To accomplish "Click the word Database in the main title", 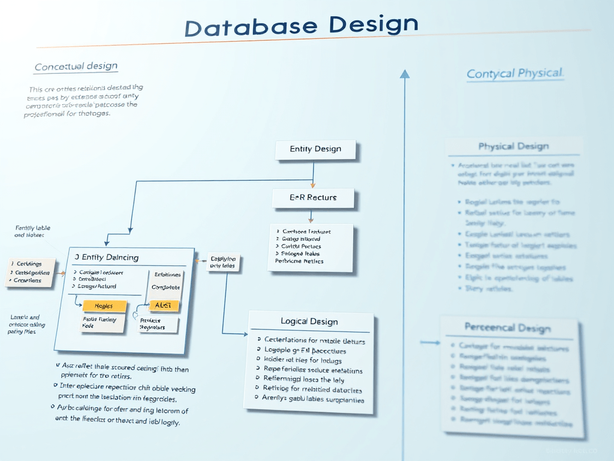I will point(251,28).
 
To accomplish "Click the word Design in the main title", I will point(373,24).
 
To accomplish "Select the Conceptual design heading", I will point(76,67).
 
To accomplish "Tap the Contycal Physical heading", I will point(515,74).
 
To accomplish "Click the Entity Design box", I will point(315,149).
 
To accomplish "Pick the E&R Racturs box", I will point(313,197).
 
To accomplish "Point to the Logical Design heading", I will point(309,322).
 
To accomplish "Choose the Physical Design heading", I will point(513,146).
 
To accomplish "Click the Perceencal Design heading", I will point(507,328).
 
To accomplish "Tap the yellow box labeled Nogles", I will point(105,306).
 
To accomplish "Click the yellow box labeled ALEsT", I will point(163,306).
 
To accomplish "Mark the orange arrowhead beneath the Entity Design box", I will point(313,184).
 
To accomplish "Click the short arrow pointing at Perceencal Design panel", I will point(430,343).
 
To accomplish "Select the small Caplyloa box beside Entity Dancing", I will point(224,262).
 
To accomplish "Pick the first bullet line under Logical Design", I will point(315,340).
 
